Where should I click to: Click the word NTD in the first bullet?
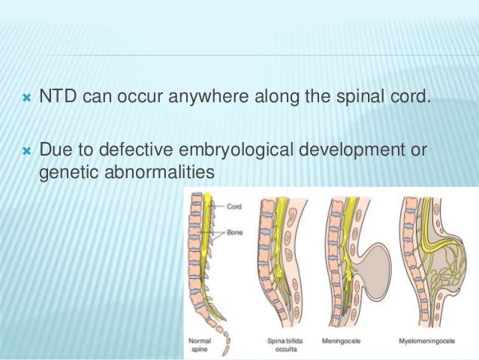coord(56,117)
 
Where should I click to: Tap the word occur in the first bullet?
coord(135,117)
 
